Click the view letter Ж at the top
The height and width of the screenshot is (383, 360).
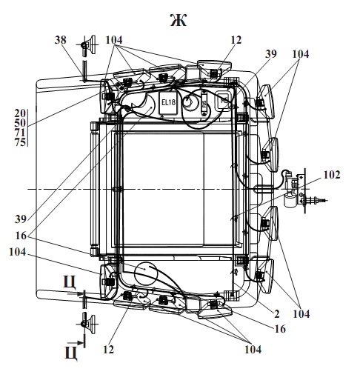(x=179, y=20)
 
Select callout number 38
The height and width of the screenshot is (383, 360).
(x=60, y=40)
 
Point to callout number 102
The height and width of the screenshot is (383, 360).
(x=332, y=175)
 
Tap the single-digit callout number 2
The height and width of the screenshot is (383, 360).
(x=277, y=314)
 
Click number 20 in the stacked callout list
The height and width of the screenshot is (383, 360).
(x=20, y=113)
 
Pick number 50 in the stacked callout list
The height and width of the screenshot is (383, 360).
(x=20, y=123)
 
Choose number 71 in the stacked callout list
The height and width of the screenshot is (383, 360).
(x=20, y=133)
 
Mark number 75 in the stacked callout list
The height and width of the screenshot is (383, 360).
(x=20, y=142)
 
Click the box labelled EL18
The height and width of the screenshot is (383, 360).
(x=168, y=103)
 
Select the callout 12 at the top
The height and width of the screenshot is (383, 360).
(x=236, y=40)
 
